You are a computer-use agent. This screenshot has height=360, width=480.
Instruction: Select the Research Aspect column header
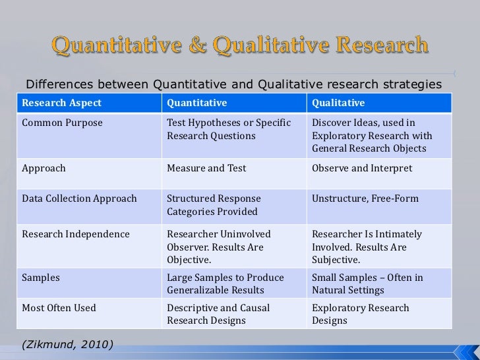(x=62, y=104)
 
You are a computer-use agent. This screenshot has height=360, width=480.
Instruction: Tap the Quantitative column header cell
(x=196, y=104)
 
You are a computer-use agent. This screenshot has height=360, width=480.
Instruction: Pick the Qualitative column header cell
(x=338, y=104)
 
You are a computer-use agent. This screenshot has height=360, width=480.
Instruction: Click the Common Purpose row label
(x=62, y=123)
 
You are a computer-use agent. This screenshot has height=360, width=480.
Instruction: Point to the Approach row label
(x=44, y=168)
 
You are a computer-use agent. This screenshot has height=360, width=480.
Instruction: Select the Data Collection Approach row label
(x=79, y=198)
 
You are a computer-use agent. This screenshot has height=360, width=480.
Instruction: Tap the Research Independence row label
(x=76, y=234)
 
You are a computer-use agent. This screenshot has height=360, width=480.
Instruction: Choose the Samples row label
(x=41, y=278)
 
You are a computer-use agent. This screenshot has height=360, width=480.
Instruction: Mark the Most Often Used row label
(x=59, y=308)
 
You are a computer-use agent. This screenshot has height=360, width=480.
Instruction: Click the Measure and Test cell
(x=206, y=168)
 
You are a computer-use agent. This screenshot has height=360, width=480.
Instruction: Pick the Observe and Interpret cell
(x=362, y=168)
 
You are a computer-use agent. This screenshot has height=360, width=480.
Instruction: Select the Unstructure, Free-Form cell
(x=365, y=198)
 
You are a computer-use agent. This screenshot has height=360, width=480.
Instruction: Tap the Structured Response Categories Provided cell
(x=214, y=205)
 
